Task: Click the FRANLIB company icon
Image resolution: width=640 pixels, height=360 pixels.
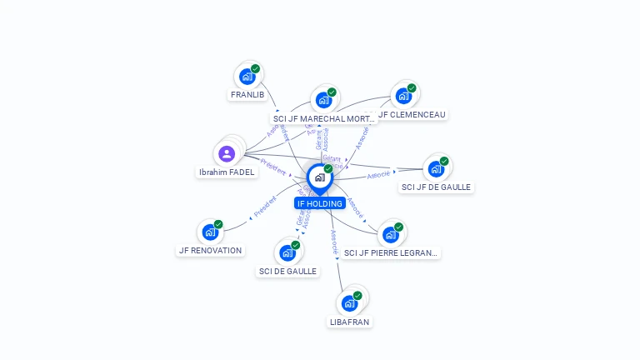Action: [247, 77]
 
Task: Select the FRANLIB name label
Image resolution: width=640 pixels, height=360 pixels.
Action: [247, 95]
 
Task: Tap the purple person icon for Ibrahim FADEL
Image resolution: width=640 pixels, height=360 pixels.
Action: [227, 153]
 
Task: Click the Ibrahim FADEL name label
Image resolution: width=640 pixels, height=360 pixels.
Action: [227, 172]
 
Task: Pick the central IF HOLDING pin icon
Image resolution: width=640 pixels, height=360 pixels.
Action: [319, 177]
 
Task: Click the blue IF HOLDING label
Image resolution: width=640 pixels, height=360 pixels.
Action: [319, 203]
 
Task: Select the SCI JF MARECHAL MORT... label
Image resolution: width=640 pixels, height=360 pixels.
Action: [325, 119]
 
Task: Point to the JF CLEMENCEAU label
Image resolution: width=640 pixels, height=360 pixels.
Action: [412, 115]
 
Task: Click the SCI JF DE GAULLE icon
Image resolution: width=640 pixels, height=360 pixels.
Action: [436, 169]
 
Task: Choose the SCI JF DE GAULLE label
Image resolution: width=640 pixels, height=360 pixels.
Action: [436, 187]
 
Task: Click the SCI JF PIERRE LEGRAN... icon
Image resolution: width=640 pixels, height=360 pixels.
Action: [390, 235]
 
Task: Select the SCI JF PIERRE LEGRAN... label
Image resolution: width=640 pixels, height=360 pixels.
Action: [390, 253]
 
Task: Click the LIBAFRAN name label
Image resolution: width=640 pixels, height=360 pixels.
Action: [349, 322]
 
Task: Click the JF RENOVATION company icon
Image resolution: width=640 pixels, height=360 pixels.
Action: [210, 232]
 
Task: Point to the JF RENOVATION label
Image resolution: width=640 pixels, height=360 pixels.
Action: [210, 251]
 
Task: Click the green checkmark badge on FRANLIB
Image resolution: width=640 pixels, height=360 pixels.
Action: [255, 69]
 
